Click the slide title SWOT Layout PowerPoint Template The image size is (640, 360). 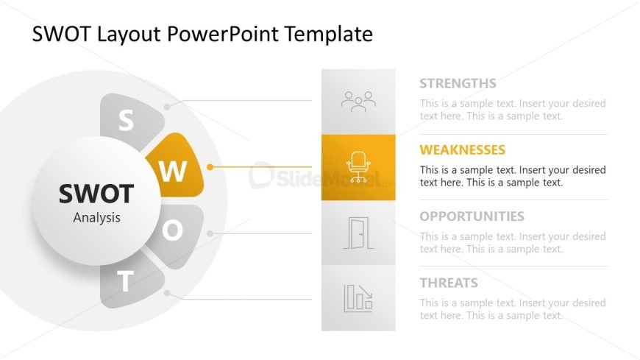click(x=202, y=34)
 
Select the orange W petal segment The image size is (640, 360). click(x=177, y=166)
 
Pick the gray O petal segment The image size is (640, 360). click(x=177, y=233)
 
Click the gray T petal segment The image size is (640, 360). click(x=129, y=281)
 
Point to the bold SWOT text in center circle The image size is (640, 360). click(x=96, y=194)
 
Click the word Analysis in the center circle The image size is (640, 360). click(x=96, y=217)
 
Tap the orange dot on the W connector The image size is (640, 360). click(x=210, y=166)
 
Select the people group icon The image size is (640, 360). click(x=358, y=102)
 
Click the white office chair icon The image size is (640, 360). click(x=358, y=166)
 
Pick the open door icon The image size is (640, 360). click(x=358, y=233)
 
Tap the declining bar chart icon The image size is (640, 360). click(x=358, y=298)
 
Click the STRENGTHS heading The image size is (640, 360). click(x=458, y=83)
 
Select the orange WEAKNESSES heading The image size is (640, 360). click(x=463, y=150)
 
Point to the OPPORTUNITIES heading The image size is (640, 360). click(x=472, y=216)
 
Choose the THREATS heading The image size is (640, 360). click(x=449, y=283)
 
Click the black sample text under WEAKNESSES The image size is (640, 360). click(x=513, y=176)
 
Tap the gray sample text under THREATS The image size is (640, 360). click(x=513, y=309)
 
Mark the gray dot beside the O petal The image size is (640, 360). click(x=210, y=233)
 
